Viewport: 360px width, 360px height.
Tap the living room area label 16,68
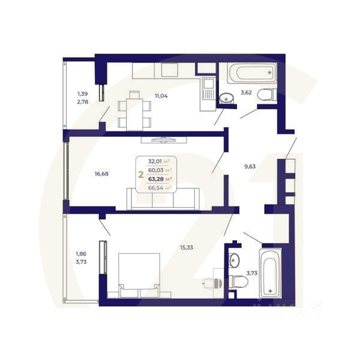(x=101, y=175)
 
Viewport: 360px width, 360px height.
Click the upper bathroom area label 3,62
(x=246, y=93)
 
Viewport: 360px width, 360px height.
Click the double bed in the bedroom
(x=139, y=274)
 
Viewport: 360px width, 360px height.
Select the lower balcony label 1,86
(x=81, y=253)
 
